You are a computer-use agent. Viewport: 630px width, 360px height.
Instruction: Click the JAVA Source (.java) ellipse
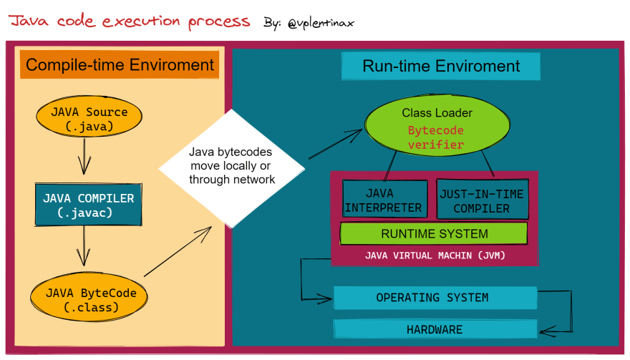tap(89, 117)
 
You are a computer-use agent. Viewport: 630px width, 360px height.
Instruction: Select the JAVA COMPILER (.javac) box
tap(88, 205)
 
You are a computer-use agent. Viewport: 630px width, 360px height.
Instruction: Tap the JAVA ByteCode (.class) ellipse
tap(89, 297)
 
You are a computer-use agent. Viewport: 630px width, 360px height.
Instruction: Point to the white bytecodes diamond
tap(232, 168)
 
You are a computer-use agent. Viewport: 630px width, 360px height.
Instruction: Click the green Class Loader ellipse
tap(437, 125)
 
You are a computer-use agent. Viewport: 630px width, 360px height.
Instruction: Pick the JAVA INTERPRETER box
tap(384, 199)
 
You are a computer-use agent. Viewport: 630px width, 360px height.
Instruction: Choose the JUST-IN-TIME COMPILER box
tap(482, 199)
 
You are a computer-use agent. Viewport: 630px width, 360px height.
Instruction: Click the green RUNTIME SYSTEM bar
tap(434, 233)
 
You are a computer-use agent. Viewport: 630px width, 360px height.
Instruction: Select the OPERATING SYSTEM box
tap(435, 298)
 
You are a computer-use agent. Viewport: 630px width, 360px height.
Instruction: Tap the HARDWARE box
tap(435, 329)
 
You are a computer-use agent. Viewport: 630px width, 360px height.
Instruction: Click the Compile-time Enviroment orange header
tap(120, 64)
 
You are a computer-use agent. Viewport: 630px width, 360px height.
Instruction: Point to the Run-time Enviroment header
tap(441, 67)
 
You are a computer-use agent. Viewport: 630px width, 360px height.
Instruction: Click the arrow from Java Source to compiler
tap(84, 156)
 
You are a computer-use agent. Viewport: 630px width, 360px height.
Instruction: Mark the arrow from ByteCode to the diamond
tap(178, 251)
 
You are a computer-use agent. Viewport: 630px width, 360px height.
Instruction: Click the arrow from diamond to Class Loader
tap(336, 143)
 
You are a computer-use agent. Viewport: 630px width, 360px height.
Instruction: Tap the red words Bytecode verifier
tap(436, 137)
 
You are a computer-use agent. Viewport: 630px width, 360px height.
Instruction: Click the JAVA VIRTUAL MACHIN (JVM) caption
tap(435, 256)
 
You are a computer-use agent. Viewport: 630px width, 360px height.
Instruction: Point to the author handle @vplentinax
tap(321, 23)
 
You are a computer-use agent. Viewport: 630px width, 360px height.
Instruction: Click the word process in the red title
tap(219, 21)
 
